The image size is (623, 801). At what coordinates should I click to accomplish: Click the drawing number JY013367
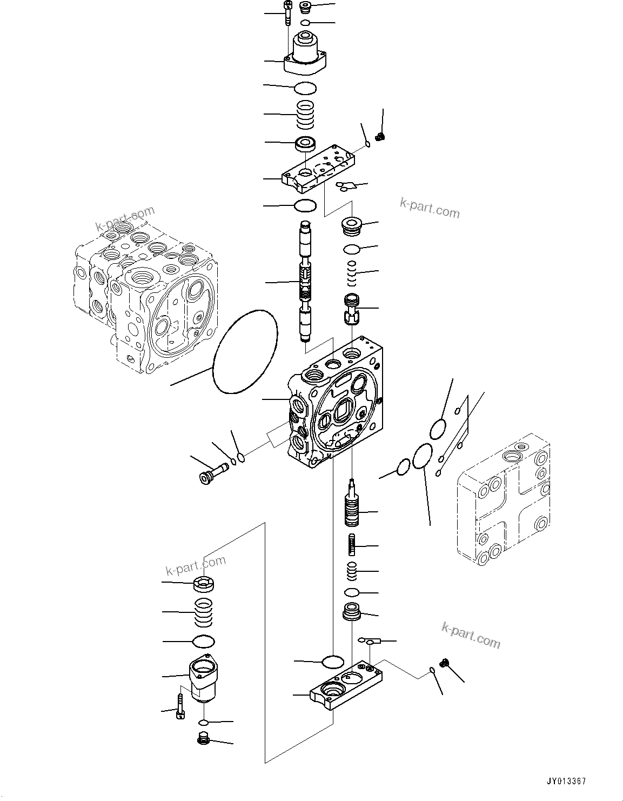tap(565, 782)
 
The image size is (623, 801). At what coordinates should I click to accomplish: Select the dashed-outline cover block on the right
tap(504, 500)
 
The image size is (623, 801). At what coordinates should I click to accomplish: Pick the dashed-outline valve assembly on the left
tap(146, 297)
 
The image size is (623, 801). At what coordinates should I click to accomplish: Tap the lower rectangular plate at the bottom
tap(346, 686)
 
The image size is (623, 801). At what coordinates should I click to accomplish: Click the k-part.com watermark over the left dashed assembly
tap(125, 218)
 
